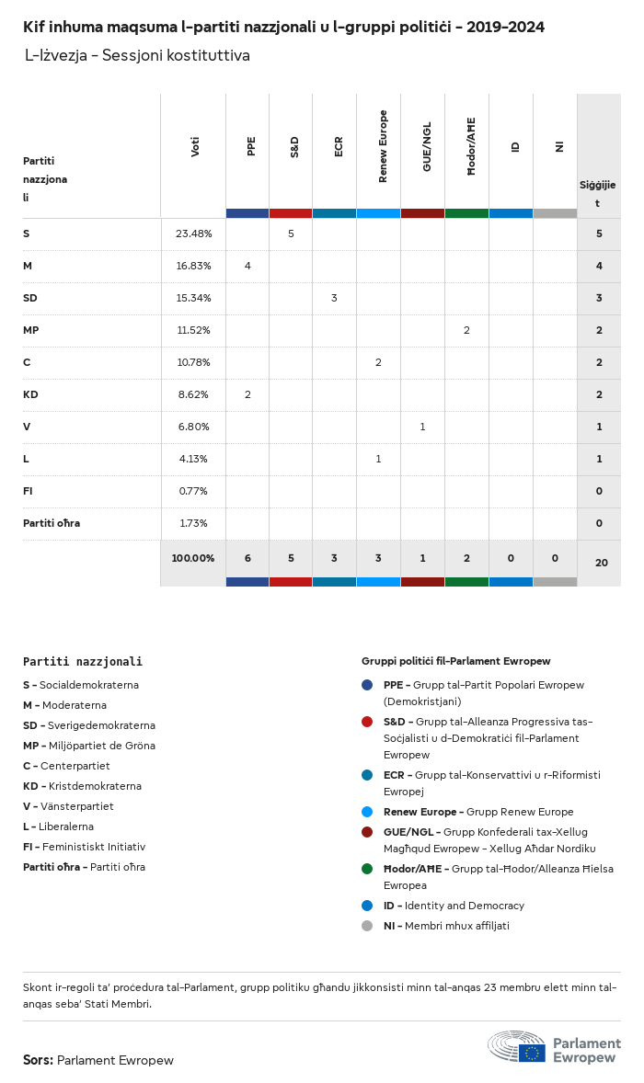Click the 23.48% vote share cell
pos(193,234)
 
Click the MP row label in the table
pos(31,330)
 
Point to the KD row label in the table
pos(31,394)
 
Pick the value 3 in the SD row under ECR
pos(334,298)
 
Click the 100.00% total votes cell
pos(193,558)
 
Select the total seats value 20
pos(601,562)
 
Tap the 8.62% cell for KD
pos(193,394)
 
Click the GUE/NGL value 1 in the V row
pos(422,427)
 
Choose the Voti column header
pos(195,146)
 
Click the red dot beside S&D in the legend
pos(367,722)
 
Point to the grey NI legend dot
pos(367,926)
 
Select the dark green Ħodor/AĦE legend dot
pos(367,869)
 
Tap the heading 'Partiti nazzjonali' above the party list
pos(83,661)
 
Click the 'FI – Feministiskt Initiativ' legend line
pos(84,847)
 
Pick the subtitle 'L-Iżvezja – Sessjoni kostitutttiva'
pos(137,56)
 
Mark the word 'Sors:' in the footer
pos(38,1060)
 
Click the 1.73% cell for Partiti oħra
pos(193,523)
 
